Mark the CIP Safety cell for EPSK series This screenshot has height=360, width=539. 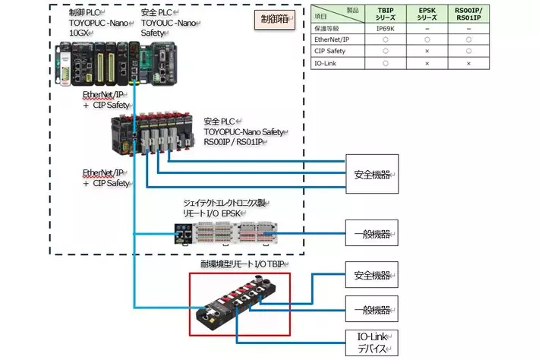[x=428, y=52]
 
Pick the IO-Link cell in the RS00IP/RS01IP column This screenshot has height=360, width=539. [x=478, y=64]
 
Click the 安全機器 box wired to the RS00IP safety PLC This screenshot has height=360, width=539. [x=372, y=175]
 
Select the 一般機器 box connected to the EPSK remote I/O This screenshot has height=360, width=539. [x=372, y=232]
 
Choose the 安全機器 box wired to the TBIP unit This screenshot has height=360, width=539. [x=372, y=275]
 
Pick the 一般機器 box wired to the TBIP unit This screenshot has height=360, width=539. [x=372, y=310]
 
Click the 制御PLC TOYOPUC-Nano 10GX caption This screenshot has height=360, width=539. [x=89, y=24]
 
